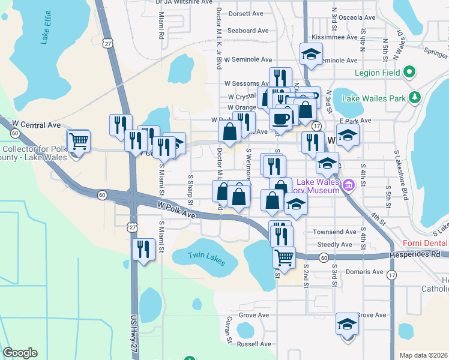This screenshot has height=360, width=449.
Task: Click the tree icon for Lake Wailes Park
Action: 414,98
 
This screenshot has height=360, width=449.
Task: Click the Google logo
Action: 20,353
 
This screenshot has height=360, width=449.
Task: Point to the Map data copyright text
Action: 424,355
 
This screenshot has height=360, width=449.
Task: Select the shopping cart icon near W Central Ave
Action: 79,142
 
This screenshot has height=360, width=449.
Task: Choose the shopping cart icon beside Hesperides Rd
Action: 284,257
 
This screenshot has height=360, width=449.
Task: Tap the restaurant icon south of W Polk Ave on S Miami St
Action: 143,248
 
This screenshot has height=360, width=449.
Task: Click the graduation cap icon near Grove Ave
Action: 347,324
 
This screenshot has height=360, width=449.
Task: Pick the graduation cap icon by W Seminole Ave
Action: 311,54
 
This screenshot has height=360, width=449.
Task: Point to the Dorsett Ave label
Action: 246,13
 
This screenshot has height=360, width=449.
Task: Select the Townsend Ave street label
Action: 335,232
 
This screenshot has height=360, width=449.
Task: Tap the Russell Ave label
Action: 255,344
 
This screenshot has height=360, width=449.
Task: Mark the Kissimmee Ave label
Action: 336,37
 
